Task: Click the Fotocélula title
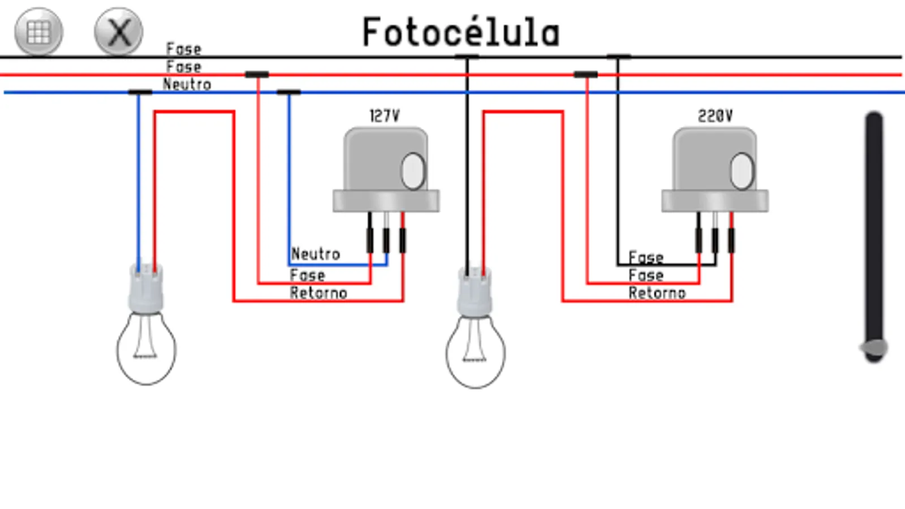coord(461,32)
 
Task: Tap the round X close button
coord(119,31)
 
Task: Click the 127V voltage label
coord(384,116)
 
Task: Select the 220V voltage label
coord(715,116)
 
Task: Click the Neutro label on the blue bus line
coord(187,84)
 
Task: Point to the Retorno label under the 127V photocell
coord(318,293)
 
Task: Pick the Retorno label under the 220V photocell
coord(657,293)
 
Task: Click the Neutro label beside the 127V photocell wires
coord(316,254)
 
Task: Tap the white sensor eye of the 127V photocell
coord(413,171)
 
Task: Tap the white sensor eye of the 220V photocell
coord(742,171)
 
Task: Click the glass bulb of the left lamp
coord(146,351)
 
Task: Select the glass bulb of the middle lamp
coord(475,353)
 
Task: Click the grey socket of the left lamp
coord(146,288)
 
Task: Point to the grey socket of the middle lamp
coord(475,292)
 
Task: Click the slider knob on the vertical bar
coord(874,348)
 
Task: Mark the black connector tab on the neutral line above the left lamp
coord(140,92)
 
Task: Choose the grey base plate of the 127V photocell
coord(386,201)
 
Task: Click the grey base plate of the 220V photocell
coord(715,201)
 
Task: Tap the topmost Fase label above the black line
coord(184,49)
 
